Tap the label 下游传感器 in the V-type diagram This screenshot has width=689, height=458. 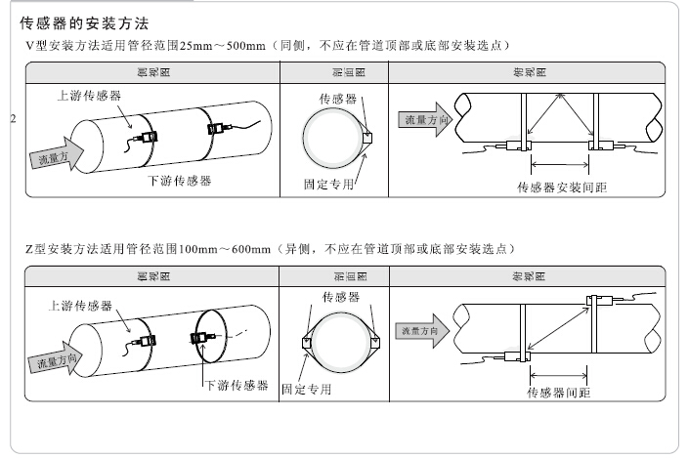coord(180,181)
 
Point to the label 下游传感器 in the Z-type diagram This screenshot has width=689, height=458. coord(236,386)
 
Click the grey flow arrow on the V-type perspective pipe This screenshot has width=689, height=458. coord(55,156)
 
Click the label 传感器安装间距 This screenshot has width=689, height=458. coord(562,187)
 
